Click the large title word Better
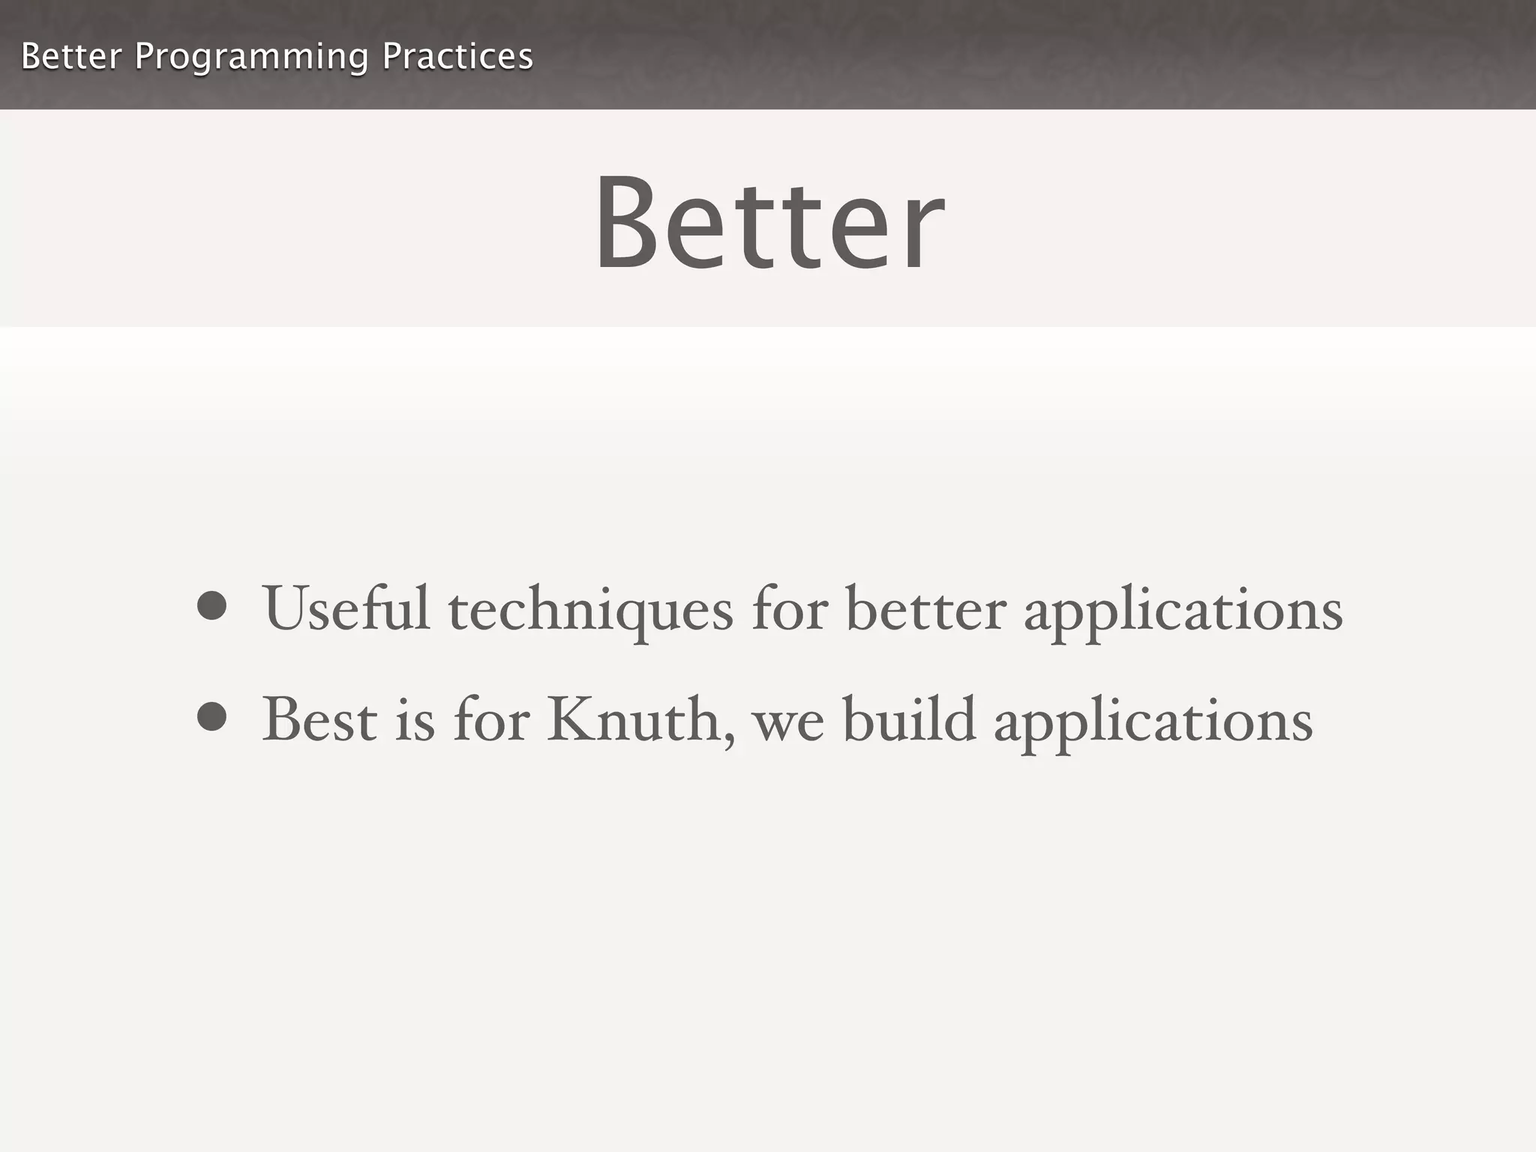769,223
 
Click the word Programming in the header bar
251,57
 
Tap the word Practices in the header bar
457,57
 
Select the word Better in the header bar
71,57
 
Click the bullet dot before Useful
211,606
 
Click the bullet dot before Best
211,716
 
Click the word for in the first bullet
790,609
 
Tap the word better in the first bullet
925,609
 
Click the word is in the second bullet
415,720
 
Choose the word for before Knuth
491,720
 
